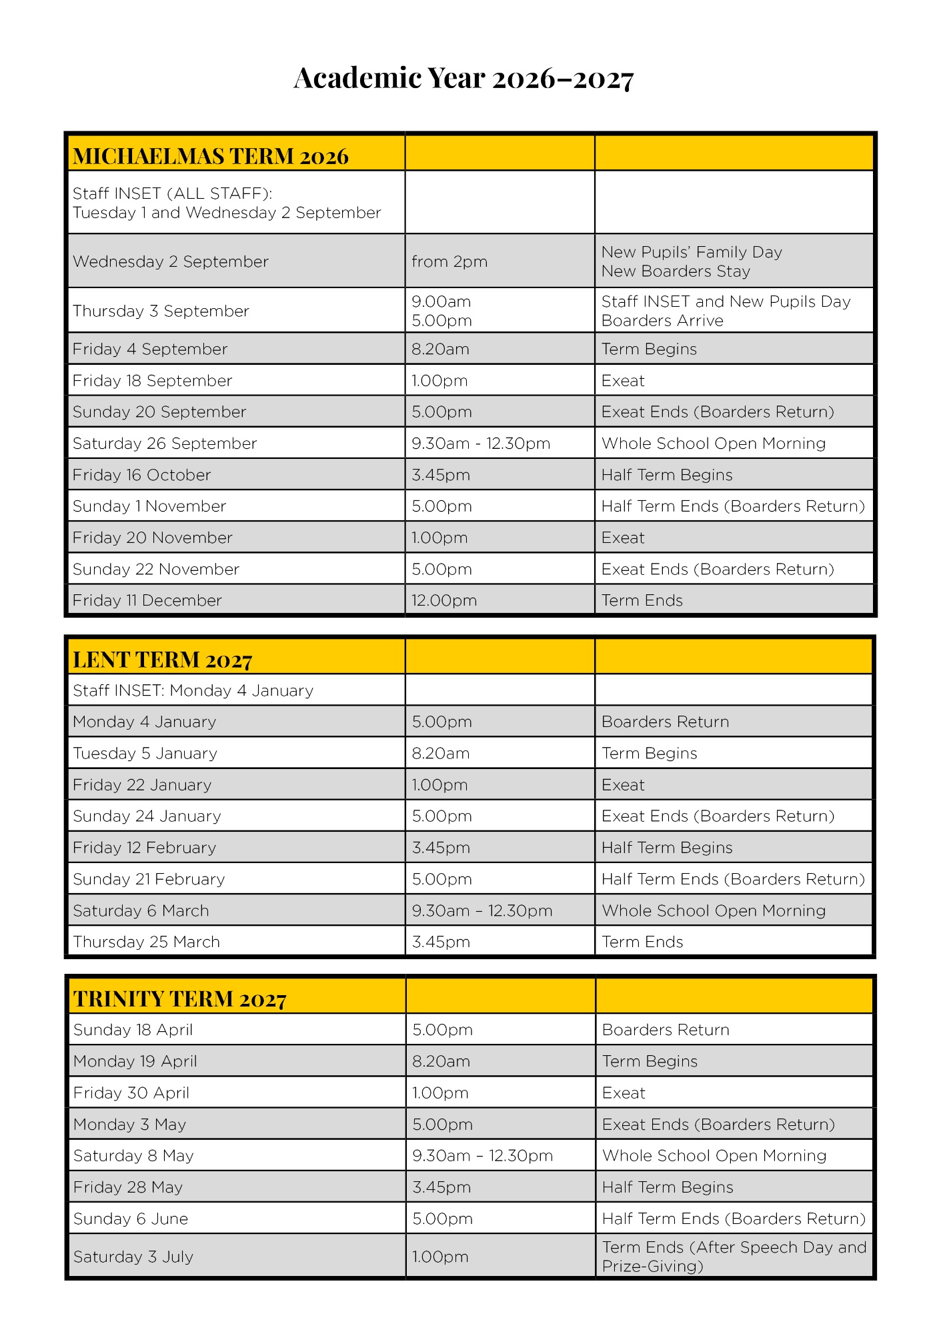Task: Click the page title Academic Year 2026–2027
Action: [463, 78]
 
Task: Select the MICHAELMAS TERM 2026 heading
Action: [211, 156]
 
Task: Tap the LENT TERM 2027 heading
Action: [163, 660]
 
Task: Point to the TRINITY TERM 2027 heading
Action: [180, 998]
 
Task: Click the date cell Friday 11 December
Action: [147, 600]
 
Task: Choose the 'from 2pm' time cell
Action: [449, 261]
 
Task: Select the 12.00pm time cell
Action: [444, 600]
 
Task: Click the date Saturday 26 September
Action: [165, 444]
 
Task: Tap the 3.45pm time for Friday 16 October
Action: [441, 475]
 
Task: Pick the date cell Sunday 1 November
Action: [149, 506]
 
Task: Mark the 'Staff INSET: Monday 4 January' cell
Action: [193, 690]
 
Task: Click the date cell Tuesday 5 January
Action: [145, 753]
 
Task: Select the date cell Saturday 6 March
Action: [141, 910]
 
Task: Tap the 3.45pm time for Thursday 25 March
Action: [441, 942]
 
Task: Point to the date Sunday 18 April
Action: [133, 1030]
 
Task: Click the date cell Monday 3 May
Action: [130, 1125]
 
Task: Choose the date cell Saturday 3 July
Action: [133, 1257]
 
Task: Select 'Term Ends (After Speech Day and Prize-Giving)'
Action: [734, 1257]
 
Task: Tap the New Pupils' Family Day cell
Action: [692, 252]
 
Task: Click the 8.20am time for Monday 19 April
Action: [441, 1061]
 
